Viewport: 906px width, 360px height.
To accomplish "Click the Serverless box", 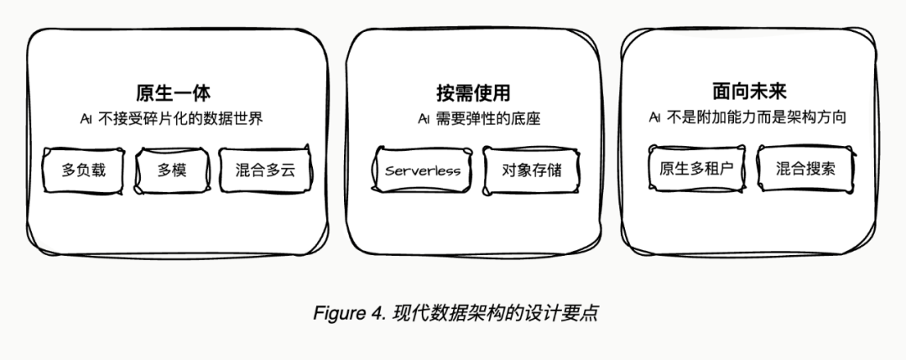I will pyautogui.click(x=423, y=170).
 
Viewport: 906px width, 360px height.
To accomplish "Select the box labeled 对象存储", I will pyautogui.click(x=532, y=170).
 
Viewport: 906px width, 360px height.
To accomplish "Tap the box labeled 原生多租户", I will pyautogui.click(x=696, y=168).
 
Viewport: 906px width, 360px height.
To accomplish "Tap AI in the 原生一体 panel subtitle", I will pyautogui.click(x=86, y=119).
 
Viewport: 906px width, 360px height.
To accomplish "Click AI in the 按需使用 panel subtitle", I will pyautogui.click(x=424, y=119).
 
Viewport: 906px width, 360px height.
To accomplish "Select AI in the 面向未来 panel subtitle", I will pyautogui.click(x=654, y=118).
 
